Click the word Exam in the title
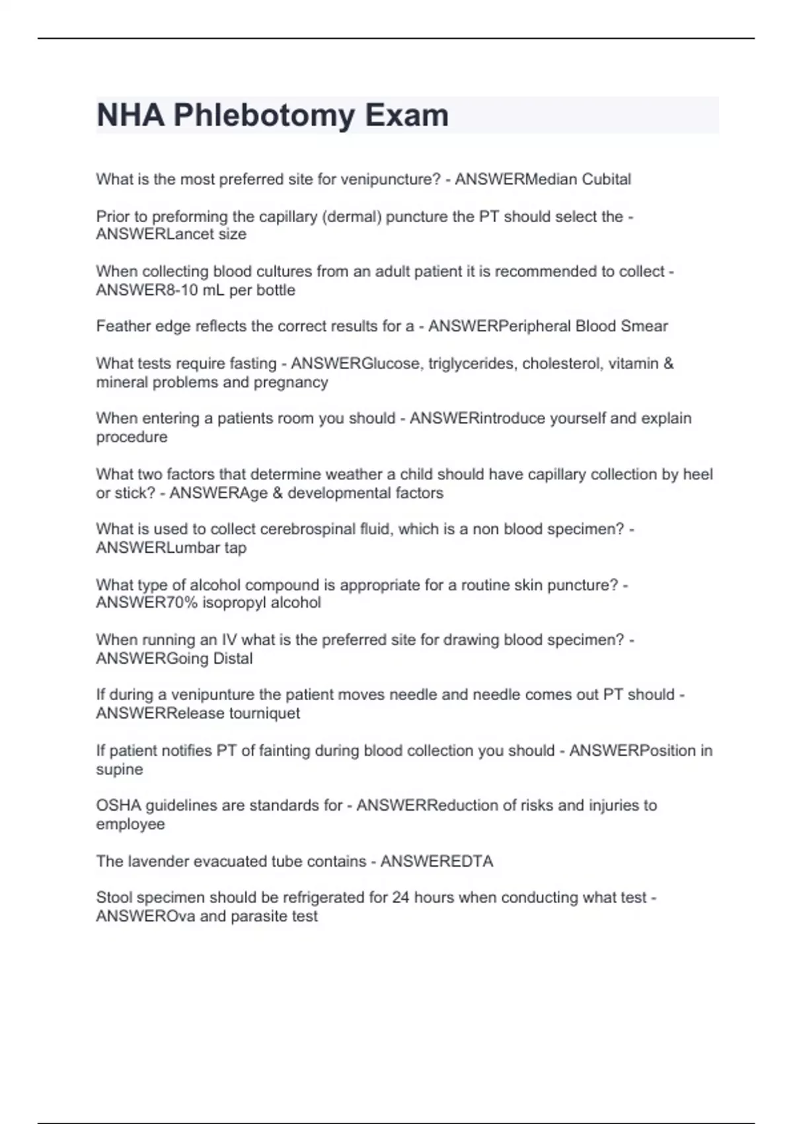point(406,116)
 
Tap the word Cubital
point(606,179)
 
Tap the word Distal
point(233,659)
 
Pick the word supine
point(119,769)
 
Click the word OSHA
point(118,805)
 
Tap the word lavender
point(163,861)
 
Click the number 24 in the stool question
point(400,897)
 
